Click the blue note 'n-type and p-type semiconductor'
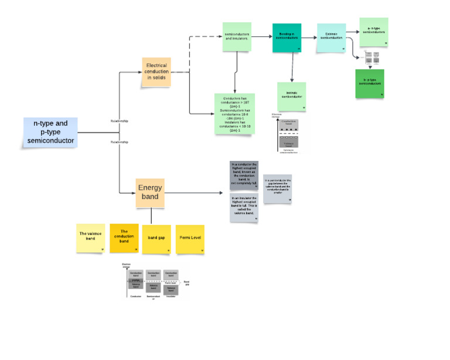tap(50, 132)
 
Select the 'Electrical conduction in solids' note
tap(156, 73)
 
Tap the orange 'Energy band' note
tap(150, 193)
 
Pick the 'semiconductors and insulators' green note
tap(237, 37)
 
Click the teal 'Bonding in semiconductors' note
tap(287, 38)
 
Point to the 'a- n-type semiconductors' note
tap(373, 32)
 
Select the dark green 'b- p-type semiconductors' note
tap(370, 83)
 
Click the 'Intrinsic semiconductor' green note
tap(291, 96)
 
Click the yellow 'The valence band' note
tap(91, 238)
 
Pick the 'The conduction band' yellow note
tap(124, 238)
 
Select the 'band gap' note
tap(156, 239)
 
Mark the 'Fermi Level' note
tap(190, 239)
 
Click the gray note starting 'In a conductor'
tap(245, 175)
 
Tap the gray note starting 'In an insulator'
tap(245, 207)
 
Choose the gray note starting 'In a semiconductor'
tap(277, 188)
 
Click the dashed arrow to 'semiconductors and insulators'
tap(205, 37)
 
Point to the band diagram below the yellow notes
tap(155, 280)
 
